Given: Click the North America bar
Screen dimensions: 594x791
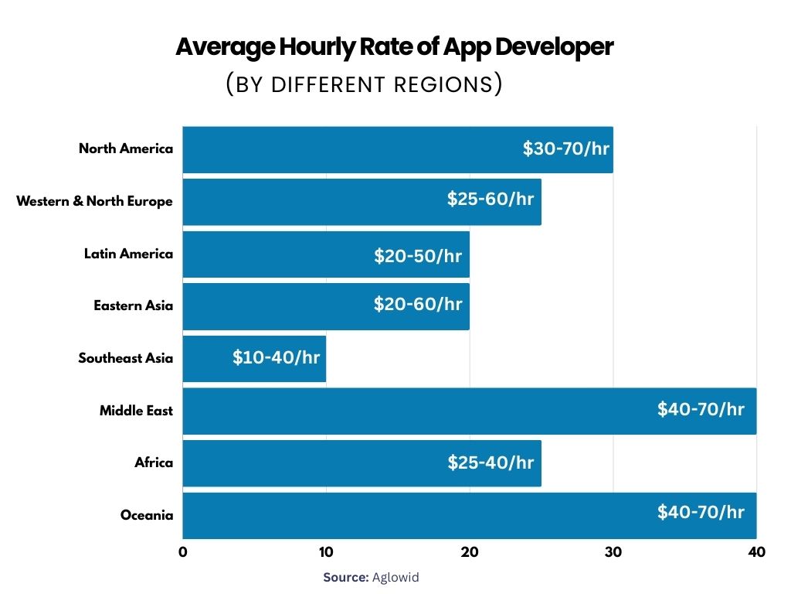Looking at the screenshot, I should coord(348,149).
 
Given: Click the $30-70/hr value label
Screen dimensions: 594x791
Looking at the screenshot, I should coord(566,148).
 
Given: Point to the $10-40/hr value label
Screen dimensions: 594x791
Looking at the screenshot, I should coord(276,358).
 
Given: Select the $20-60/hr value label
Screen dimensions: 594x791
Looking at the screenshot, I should coord(418,304).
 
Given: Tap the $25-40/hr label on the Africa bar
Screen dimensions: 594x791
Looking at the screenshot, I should coord(491,463).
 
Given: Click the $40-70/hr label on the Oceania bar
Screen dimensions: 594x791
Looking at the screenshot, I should coord(701,512).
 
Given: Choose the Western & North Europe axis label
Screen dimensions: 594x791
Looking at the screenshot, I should coord(94,201).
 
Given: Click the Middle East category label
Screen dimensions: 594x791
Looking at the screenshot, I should coord(136,411).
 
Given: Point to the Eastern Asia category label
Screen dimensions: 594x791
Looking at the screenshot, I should coord(133,306).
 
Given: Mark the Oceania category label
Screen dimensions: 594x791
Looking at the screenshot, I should coord(147,515).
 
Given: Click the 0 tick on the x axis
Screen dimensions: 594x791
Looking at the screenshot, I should coord(183,552).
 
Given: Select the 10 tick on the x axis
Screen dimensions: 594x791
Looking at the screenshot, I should coord(326,552).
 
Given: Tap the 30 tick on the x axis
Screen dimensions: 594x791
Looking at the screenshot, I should coord(613,552).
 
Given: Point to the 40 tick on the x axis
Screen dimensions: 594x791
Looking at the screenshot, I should coord(756,552).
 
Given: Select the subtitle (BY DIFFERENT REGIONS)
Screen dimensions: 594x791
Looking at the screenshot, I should coord(364,84).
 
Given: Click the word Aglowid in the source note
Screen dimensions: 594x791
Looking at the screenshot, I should coord(395,577).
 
